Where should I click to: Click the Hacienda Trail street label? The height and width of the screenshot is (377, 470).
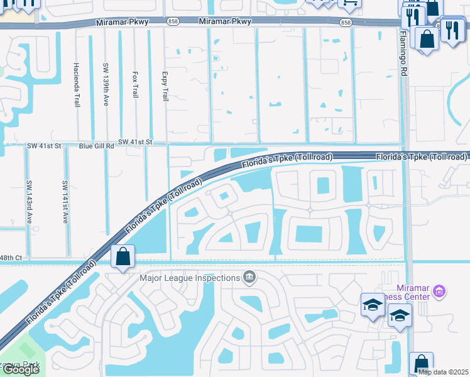(77, 84)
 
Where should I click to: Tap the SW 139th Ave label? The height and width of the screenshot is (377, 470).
(106, 84)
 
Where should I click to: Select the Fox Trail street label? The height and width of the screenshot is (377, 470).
(135, 84)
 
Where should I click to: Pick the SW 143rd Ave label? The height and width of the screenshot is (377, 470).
(29, 202)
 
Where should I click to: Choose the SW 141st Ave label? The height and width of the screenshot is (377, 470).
(65, 202)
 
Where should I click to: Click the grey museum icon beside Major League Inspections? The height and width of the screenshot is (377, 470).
(249, 277)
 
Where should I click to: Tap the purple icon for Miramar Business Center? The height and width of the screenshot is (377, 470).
(439, 292)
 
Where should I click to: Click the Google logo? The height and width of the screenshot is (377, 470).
(20, 369)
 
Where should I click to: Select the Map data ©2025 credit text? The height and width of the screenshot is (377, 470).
(443, 372)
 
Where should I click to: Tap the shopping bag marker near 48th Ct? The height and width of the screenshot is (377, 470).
(123, 256)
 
